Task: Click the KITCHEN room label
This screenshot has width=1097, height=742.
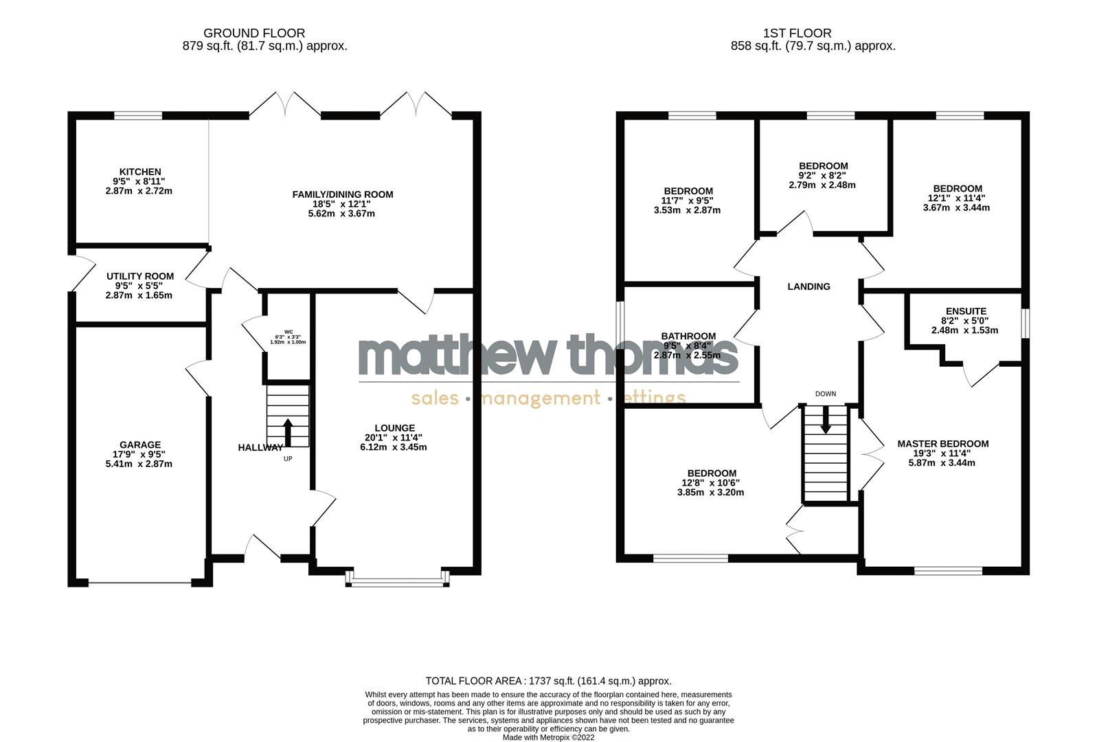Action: (140, 172)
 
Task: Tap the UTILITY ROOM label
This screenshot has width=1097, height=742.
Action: (140, 276)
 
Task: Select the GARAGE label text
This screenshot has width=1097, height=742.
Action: (139, 445)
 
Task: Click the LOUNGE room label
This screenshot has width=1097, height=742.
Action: (394, 428)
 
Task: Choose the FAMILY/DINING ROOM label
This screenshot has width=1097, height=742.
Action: (343, 194)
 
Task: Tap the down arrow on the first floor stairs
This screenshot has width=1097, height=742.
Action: (826, 420)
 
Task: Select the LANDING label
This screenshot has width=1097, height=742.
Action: (808, 286)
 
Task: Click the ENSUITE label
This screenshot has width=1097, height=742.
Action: (965, 311)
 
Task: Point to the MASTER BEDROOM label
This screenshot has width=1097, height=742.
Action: (942, 444)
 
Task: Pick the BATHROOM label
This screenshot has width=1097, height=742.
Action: (688, 336)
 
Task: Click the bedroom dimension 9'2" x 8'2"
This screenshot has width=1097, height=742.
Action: (823, 175)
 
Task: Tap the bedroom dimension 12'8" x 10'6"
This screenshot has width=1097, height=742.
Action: (711, 482)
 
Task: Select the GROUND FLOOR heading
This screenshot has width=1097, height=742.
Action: (254, 33)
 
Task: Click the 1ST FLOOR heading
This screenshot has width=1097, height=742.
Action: (797, 33)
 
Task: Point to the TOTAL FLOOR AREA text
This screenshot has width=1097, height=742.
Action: (548, 681)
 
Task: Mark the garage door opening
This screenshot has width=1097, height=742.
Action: (139, 583)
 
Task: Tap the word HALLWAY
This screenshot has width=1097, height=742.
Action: (260, 447)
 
